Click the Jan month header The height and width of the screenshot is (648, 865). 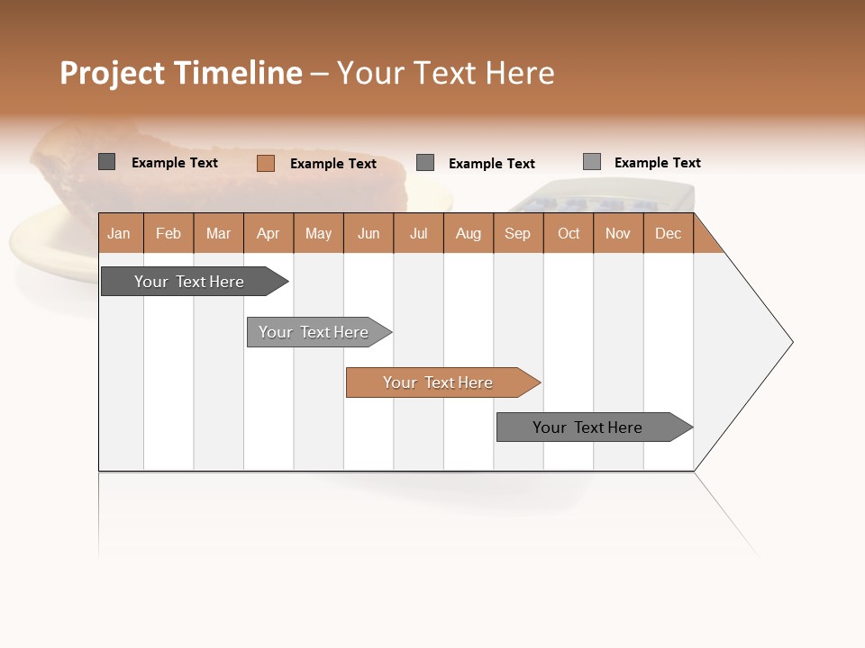point(120,233)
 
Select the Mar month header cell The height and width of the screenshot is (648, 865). point(218,233)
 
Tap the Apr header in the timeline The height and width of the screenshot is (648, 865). point(269,233)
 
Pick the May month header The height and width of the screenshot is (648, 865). point(318,233)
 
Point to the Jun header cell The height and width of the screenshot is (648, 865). point(369,233)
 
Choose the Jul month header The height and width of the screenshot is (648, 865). point(418,233)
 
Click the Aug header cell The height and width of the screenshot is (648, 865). point(469,233)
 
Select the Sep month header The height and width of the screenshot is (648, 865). point(518,233)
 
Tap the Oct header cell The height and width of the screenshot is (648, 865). point(569,233)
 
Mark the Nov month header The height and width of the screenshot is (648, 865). point(618,233)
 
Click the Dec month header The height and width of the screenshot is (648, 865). point(669,233)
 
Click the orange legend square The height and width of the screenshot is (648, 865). point(266,163)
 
